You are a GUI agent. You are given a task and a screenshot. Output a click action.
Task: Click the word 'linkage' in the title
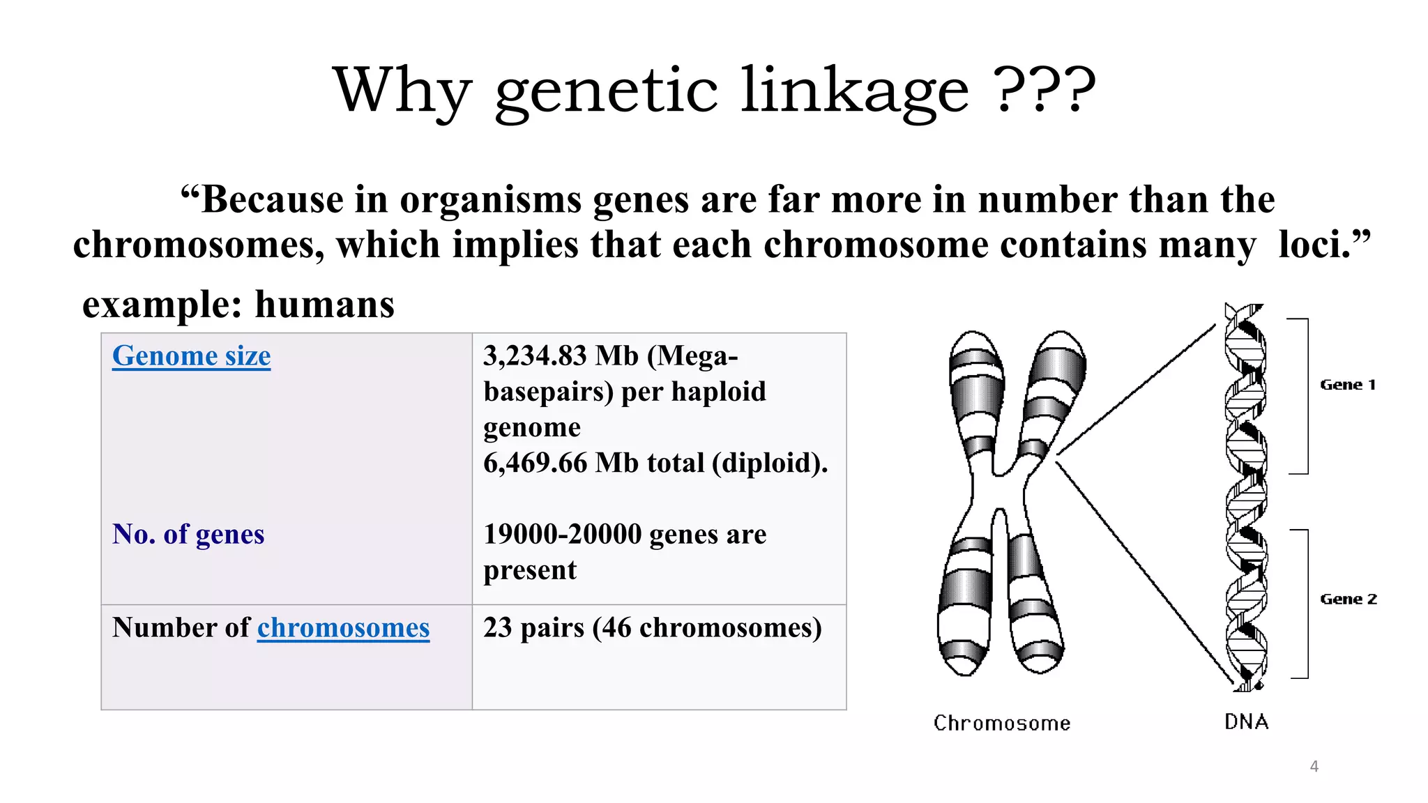pos(853,91)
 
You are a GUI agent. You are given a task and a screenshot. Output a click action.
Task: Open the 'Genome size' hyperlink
pos(191,355)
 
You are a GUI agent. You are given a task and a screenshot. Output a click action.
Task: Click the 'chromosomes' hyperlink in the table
pos(343,627)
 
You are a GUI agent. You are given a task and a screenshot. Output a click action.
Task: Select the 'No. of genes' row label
pos(188,534)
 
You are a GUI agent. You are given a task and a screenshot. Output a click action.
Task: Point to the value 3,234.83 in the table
pos(535,355)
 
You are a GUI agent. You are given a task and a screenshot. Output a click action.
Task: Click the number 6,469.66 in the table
pos(535,463)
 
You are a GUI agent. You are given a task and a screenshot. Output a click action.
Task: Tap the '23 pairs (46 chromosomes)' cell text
pos(652,627)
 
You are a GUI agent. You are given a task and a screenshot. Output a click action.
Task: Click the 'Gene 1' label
pos(1348,385)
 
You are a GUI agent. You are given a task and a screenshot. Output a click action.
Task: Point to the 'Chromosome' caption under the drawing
pos(1002,723)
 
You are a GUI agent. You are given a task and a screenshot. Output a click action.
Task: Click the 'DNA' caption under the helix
pos(1247,721)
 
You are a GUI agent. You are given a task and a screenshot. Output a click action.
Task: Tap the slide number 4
pos(1314,766)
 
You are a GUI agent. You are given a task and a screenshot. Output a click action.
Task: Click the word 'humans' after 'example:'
pos(325,305)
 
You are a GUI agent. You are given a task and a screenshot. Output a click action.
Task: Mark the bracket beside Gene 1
pos(1305,396)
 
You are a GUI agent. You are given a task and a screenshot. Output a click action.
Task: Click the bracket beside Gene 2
pos(1305,604)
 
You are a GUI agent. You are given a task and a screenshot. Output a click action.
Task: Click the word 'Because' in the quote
pos(272,199)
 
